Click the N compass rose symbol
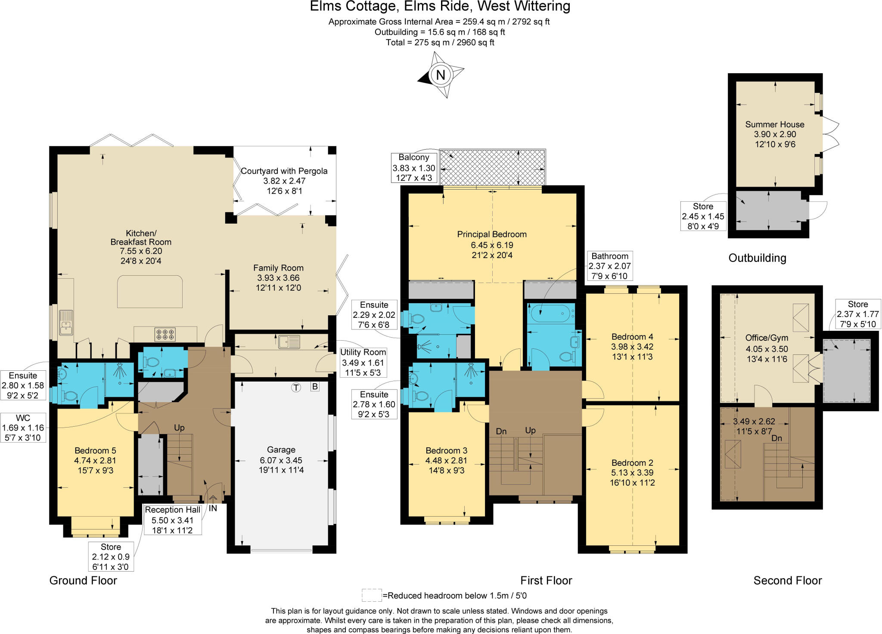click(x=441, y=75)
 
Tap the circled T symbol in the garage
click(x=296, y=388)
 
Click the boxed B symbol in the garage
click(x=315, y=387)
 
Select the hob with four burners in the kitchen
click(x=165, y=334)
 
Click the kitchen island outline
click(x=150, y=292)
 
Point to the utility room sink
click(x=289, y=342)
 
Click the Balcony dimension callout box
click(x=414, y=168)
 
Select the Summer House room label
click(x=775, y=125)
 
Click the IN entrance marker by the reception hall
click(x=213, y=508)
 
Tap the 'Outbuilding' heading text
click(x=757, y=258)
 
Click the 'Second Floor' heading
click(x=787, y=581)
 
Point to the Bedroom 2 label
click(x=632, y=463)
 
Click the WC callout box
click(x=23, y=428)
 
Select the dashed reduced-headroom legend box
click(x=371, y=595)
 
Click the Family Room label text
click(x=278, y=268)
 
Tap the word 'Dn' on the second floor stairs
click(x=776, y=438)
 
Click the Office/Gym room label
click(x=767, y=338)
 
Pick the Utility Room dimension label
click(x=363, y=362)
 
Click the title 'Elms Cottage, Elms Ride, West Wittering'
click(x=440, y=6)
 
